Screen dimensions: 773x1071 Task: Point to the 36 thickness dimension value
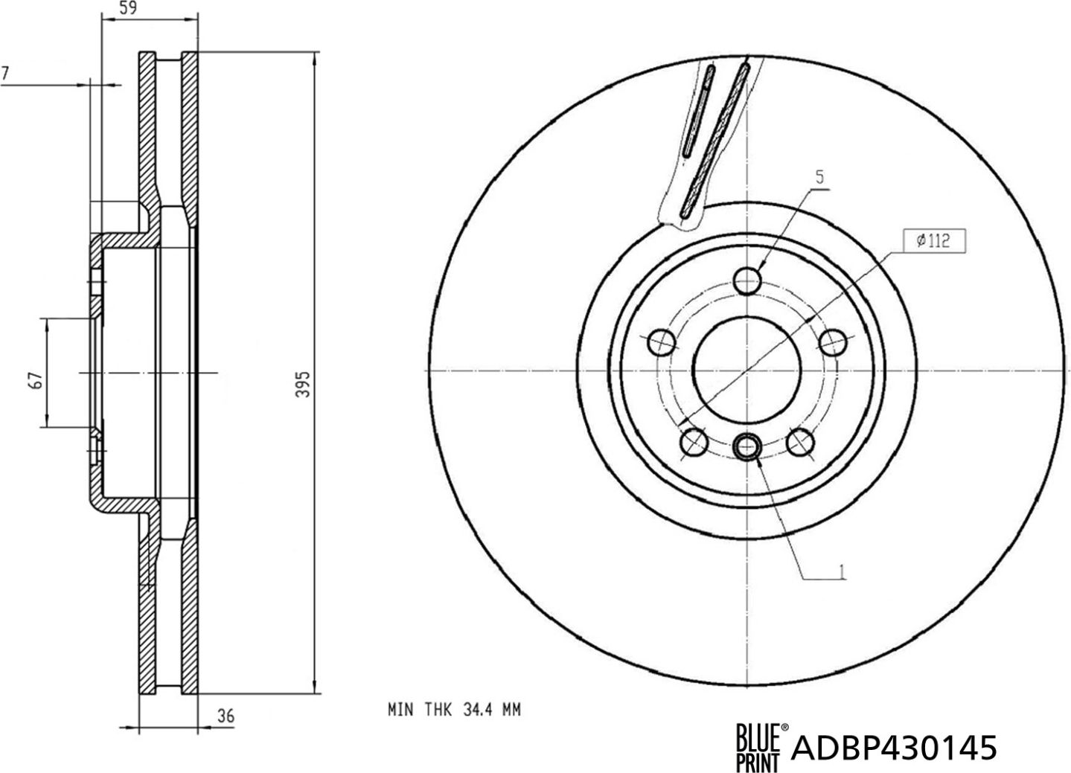pos(226,716)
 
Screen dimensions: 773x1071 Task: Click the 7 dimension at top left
pos(6,73)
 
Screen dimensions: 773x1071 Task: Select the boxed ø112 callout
pos(930,240)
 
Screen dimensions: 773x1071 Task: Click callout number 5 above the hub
pos(819,177)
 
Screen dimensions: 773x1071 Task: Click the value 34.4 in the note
pos(475,710)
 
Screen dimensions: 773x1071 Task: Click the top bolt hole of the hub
pos(747,280)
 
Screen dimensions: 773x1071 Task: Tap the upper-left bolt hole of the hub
pos(661,342)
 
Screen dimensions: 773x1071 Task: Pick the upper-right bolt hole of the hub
pos(833,343)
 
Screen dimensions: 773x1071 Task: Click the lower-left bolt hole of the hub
pos(694,443)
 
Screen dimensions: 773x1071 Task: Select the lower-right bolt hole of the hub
pos(800,443)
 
